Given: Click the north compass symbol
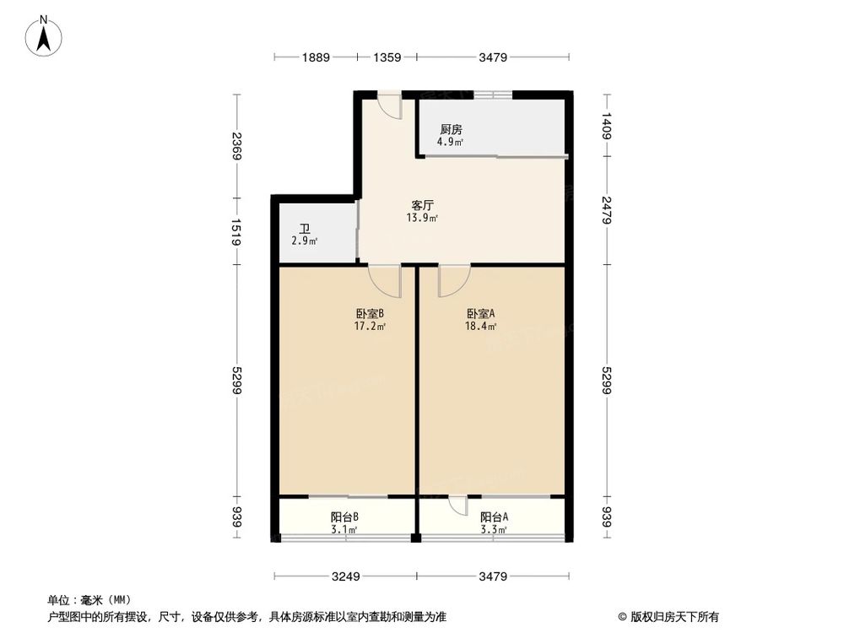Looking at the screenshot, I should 43,36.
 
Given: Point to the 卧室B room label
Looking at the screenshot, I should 370,313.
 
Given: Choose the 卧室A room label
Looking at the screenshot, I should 480,313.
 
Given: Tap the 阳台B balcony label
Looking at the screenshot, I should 344,517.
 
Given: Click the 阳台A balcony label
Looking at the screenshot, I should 494,517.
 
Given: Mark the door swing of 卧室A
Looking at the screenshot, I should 452,279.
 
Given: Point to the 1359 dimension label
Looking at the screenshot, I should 387,57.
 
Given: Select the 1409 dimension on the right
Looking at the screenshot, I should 606,127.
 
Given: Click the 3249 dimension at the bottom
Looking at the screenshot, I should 346,577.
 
